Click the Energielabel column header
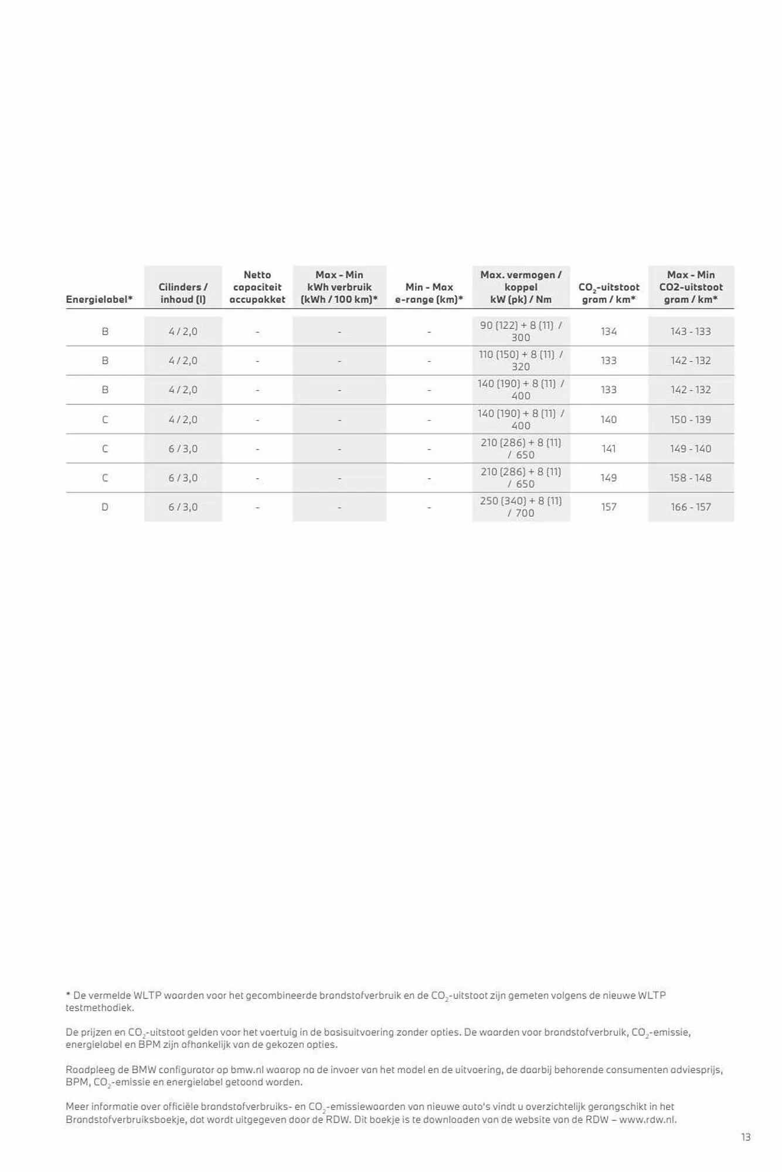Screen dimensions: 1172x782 [99, 299]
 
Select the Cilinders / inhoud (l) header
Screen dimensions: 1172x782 [183, 293]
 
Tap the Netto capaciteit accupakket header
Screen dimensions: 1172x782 [257, 287]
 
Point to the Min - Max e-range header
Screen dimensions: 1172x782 [429, 293]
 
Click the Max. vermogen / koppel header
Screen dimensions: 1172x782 [521, 287]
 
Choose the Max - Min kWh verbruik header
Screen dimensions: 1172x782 [339, 287]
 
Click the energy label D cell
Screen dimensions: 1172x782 [105, 507]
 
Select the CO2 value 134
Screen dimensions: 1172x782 [608, 332]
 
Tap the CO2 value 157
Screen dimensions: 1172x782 [608, 507]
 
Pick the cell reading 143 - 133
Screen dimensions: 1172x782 [691, 332]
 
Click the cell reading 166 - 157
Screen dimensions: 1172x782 [691, 507]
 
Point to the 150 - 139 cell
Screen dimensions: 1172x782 [691, 420]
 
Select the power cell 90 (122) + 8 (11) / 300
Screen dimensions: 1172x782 [521, 331]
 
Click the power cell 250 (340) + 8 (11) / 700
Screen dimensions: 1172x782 [521, 507]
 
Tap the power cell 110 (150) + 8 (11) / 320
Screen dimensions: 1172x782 [521, 360]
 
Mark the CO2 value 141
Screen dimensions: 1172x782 [608, 449]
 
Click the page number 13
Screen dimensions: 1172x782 [746, 1137]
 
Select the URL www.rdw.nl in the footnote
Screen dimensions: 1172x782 [647, 1120]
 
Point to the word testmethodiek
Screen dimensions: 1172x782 [100, 1008]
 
